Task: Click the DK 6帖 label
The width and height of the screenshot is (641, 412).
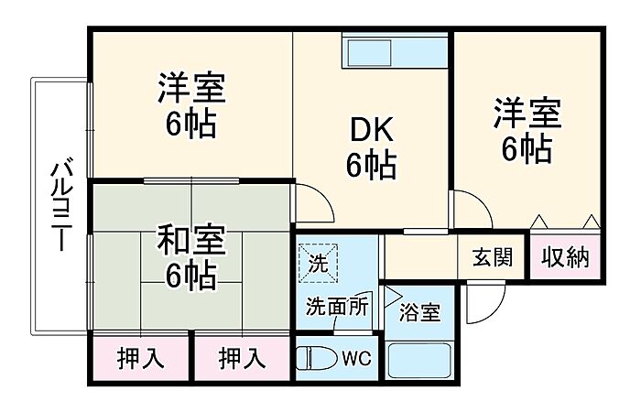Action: (372, 148)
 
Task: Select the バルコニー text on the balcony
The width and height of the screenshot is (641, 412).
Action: (61, 206)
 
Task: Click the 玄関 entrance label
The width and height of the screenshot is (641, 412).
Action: (493, 257)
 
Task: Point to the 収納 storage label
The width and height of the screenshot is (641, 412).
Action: (565, 257)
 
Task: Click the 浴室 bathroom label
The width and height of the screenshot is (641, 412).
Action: (419, 312)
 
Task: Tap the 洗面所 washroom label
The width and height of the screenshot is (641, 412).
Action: (337, 306)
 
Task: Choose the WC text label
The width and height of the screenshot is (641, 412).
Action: (356, 359)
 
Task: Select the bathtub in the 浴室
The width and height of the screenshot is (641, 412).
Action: (419, 360)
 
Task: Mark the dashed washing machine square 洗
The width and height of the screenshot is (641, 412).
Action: (318, 263)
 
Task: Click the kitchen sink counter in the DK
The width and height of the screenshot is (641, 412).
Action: (396, 51)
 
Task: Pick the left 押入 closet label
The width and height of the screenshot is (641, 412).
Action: (140, 359)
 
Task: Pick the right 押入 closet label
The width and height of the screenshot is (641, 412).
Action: (242, 359)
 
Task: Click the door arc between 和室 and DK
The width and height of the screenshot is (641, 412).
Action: (322, 195)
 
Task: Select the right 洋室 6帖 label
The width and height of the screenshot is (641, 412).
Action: (527, 130)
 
